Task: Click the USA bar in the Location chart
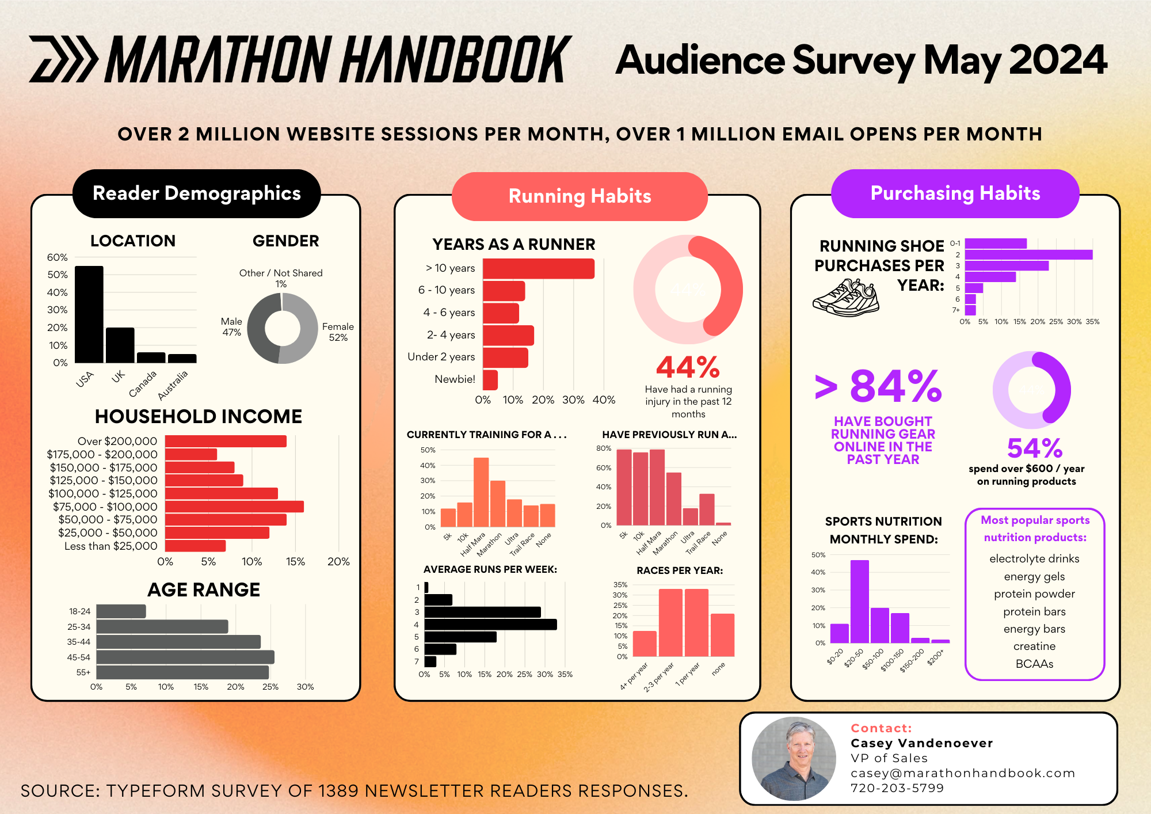89,314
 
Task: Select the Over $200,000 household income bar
226,441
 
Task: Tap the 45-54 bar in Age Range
185,657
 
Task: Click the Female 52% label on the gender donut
338,332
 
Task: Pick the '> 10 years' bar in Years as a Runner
538,269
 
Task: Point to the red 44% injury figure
688,367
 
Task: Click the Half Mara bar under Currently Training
481,492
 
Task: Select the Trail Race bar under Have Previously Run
707,509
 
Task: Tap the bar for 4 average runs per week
490,624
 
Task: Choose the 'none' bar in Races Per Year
722,634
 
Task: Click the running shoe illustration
846,298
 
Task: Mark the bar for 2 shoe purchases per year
1028,254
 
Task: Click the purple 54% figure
1034,448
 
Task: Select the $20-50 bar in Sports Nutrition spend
859,601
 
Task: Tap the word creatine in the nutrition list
1034,646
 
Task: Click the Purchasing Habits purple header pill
955,193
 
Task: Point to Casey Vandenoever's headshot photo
794,758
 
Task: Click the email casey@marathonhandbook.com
962,773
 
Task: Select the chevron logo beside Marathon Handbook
63,59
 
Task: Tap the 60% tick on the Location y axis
58,257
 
